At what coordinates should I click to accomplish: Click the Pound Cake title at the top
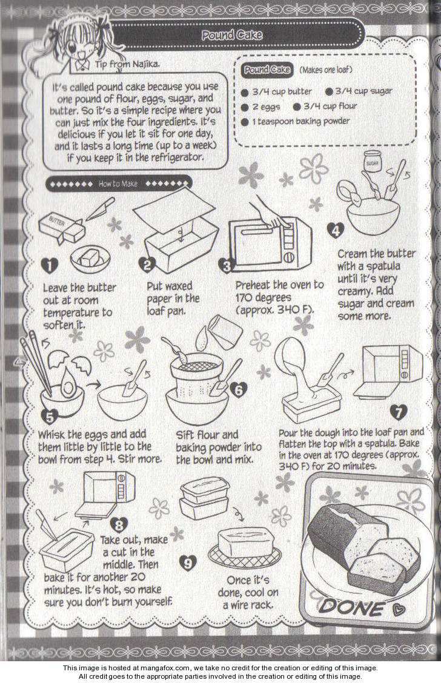(x=232, y=35)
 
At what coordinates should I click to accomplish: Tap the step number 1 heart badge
(x=49, y=265)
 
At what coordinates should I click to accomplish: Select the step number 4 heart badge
(x=335, y=230)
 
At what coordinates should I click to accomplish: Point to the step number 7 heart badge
(x=399, y=412)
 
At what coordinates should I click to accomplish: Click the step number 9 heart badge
(x=187, y=563)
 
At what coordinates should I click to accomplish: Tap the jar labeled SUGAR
(x=373, y=162)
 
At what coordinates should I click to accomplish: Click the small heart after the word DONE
(x=397, y=609)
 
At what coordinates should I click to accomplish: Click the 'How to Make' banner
(x=119, y=184)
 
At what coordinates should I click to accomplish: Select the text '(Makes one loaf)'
(x=325, y=70)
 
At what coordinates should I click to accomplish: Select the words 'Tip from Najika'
(x=127, y=65)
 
